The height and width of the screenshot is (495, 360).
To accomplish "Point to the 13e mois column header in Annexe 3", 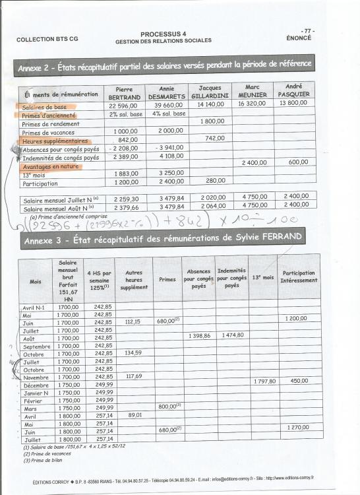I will pyautogui.click(x=262, y=278).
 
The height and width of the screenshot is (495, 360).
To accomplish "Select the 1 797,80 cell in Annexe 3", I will pyautogui.click(x=262, y=381).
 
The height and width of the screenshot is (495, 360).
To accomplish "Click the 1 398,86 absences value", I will pyautogui.click(x=198, y=335).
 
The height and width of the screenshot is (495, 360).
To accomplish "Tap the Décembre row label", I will pyautogui.click(x=36, y=385).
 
